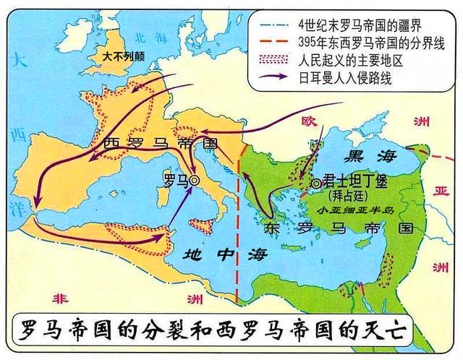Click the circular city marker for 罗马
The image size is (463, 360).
(x=194, y=181)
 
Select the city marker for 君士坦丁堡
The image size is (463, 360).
(x=315, y=184)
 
